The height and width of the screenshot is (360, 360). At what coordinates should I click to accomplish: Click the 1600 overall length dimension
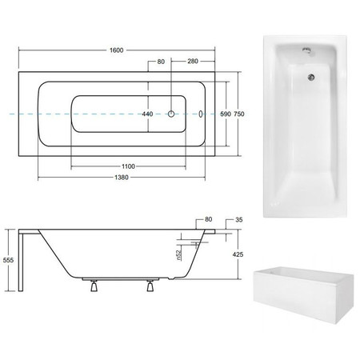(117, 50)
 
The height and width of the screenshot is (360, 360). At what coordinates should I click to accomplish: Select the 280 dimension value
(193, 62)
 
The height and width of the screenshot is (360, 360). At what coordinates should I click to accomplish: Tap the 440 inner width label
(147, 114)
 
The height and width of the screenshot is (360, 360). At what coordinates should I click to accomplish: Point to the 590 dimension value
(226, 114)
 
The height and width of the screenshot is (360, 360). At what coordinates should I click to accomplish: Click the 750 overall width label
(239, 114)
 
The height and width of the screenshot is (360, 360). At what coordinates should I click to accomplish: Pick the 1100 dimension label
(128, 166)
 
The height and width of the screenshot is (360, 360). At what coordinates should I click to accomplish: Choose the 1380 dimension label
(122, 178)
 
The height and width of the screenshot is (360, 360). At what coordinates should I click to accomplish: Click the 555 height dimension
(8, 260)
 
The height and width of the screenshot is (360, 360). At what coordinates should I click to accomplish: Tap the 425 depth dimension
(238, 254)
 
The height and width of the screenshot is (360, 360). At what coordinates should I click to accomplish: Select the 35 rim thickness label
(239, 220)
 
